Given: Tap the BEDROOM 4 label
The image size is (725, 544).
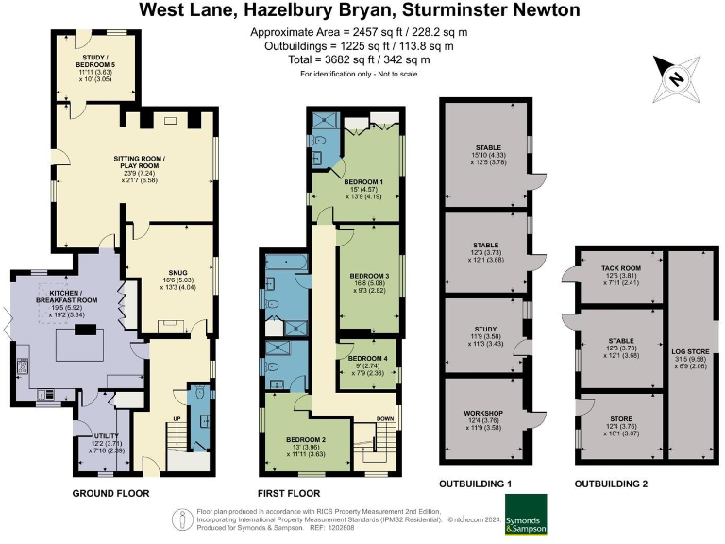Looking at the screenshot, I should pos(367,359).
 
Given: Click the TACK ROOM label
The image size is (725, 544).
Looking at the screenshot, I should pos(621,268).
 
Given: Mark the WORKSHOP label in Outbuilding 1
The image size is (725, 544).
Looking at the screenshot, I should pos(482,414).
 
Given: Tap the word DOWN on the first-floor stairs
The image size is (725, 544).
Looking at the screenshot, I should pos(387,419).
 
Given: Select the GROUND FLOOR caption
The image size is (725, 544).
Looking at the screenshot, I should pos(108,494).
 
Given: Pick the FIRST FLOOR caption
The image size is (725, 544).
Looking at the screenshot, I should pos(289,494).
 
